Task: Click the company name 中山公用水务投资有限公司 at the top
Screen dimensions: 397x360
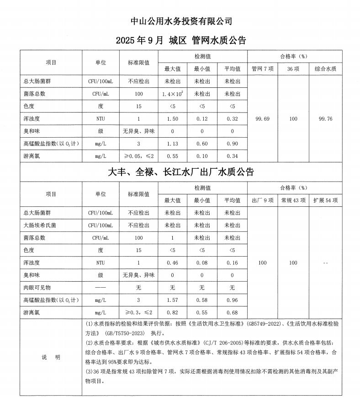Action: pos(181,21)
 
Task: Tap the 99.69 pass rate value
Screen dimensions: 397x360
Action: pos(262,119)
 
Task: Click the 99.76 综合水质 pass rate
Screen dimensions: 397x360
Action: pos(325,119)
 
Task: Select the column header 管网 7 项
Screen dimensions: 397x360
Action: pos(262,69)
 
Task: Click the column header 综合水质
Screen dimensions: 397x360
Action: pos(325,69)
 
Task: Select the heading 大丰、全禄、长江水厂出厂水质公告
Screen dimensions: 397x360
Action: pos(181,172)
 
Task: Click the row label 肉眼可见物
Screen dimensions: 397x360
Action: pos(37,288)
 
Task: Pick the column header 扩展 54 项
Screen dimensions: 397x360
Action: pos(325,200)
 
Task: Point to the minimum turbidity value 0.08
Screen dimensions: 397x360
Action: pos(202,263)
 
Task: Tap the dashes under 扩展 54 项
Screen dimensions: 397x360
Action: pos(325,263)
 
